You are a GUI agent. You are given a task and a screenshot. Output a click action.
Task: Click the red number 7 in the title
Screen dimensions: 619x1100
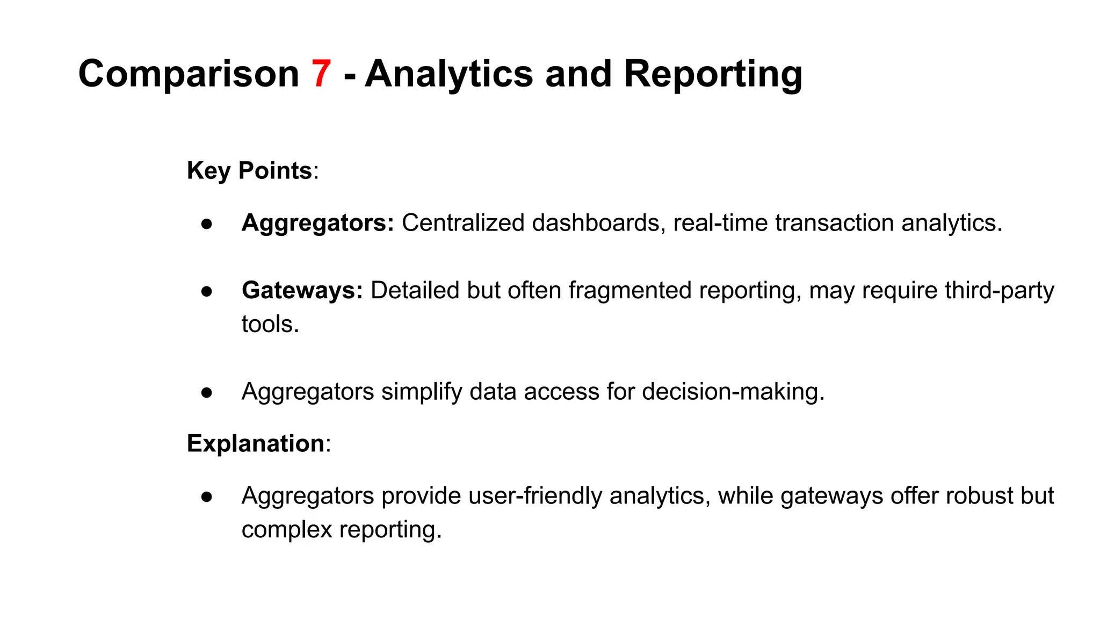321,74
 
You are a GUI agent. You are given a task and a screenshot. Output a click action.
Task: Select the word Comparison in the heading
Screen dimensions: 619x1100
189,74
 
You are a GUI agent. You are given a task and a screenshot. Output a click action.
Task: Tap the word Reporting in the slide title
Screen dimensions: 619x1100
713,74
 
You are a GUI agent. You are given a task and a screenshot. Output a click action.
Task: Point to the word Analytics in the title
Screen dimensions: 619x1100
449,74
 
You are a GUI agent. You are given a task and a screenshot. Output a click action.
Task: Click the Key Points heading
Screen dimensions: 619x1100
249,171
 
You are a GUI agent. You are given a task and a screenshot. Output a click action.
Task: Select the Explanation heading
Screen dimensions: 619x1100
256,444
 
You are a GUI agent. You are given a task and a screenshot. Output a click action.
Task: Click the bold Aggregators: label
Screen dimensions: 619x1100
318,223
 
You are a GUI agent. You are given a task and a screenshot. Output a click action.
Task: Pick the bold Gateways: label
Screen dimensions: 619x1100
302,291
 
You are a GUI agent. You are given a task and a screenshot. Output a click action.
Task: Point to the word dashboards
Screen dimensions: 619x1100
596,223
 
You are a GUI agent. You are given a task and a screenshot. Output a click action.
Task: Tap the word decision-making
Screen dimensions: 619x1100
733,392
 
